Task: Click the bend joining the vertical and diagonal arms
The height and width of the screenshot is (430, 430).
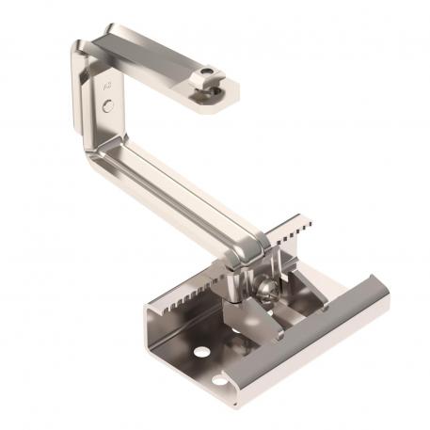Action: tap(101, 151)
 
